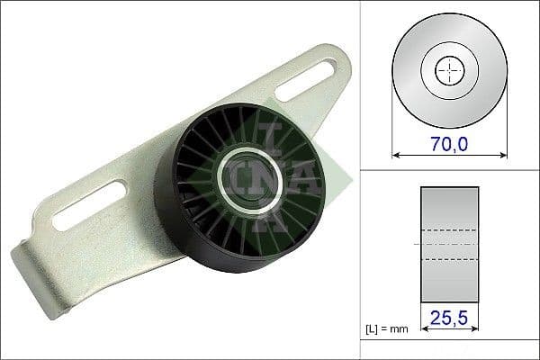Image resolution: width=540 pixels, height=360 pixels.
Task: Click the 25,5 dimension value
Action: pyautogui.click(x=447, y=318)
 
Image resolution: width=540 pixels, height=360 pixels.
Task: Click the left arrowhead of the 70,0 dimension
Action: pyautogui.click(x=397, y=154)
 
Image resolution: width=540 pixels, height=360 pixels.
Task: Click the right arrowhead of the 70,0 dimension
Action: pyautogui.click(x=499, y=154)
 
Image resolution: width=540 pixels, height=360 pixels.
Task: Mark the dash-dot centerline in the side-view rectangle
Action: pyautogui.click(x=447, y=244)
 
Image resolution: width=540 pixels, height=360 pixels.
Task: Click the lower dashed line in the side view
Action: pyautogui.click(x=447, y=259)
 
